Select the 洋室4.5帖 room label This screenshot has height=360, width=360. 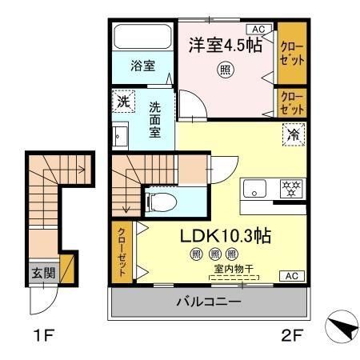click(x=226, y=45)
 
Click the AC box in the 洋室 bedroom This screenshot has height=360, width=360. click(x=258, y=30)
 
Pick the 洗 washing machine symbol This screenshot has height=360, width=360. click(x=122, y=102)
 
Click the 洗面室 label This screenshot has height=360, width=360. click(x=155, y=118)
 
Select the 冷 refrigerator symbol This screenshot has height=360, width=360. click(x=292, y=135)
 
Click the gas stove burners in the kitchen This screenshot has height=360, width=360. click(x=290, y=190)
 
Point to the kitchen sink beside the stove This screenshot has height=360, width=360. click(x=256, y=190)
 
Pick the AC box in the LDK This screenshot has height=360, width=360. click(x=291, y=276)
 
